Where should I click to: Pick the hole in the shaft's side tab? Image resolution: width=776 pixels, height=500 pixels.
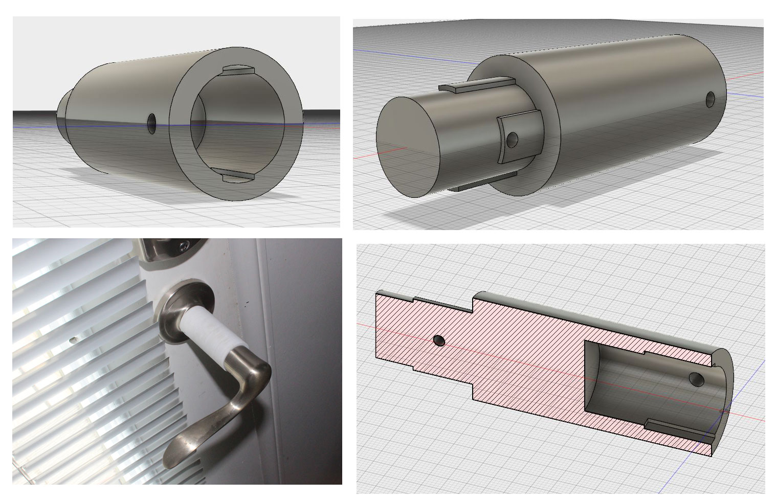point(514,139)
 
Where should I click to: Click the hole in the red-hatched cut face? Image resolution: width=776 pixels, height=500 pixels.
point(438,339)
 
